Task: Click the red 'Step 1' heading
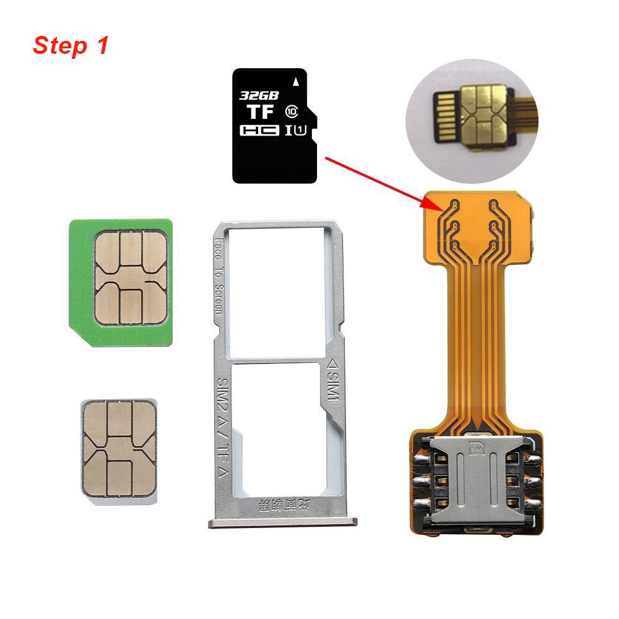(71, 46)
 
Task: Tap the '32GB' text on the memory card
(259, 96)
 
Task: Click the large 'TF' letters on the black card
(261, 113)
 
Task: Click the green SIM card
(121, 282)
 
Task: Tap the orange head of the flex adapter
(480, 226)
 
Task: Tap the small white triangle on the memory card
(297, 81)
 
